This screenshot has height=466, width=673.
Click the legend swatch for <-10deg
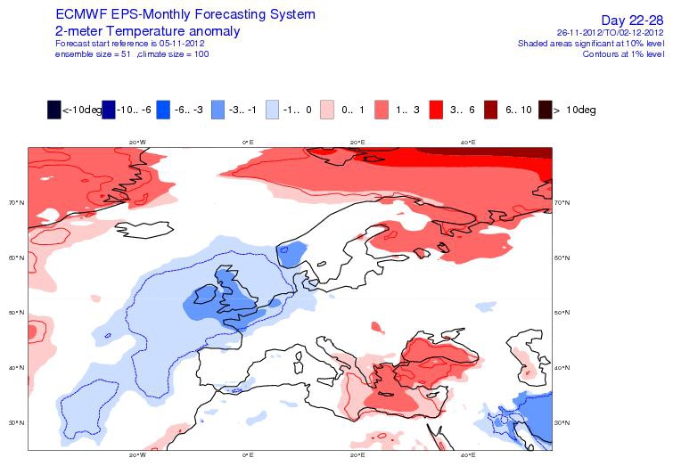tap(54, 110)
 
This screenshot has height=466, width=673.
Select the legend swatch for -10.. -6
tap(109, 110)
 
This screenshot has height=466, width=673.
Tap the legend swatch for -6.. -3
tap(163, 110)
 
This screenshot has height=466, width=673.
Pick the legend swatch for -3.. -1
tap(217, 110)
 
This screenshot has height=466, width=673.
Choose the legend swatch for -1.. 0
tap(272, 110)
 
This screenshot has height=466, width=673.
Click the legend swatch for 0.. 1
tap(326, 110)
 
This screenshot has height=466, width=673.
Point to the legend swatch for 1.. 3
tap(382, 110)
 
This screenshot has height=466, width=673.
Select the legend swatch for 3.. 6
tap(436, 110)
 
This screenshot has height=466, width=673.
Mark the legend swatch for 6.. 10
tap(490, 110)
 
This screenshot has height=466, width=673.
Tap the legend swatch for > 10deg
tap(546, 110)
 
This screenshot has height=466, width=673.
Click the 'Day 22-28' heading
tap(632, 20)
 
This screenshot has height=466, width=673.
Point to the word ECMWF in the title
tap(81, 14)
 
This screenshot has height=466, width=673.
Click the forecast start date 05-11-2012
tap(182, 44)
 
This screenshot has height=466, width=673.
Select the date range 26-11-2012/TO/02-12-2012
tap(611, 33)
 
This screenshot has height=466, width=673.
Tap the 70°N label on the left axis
tap(16, 202)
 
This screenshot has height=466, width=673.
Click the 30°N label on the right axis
tap(562, 422)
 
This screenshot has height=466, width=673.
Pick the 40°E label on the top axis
tap(468, 142)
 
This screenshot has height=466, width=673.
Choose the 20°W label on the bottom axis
tap(137, 454)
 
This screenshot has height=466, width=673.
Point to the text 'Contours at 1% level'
tap(623, 54)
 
